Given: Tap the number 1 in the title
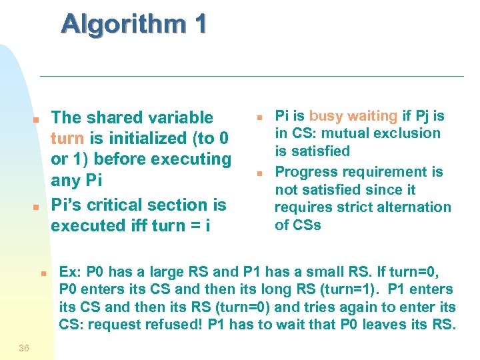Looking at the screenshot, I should point(199,24).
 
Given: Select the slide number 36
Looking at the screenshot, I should point(24,347).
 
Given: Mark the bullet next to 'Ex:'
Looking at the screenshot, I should point(41,273).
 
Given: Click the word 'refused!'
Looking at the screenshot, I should point(178,325).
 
